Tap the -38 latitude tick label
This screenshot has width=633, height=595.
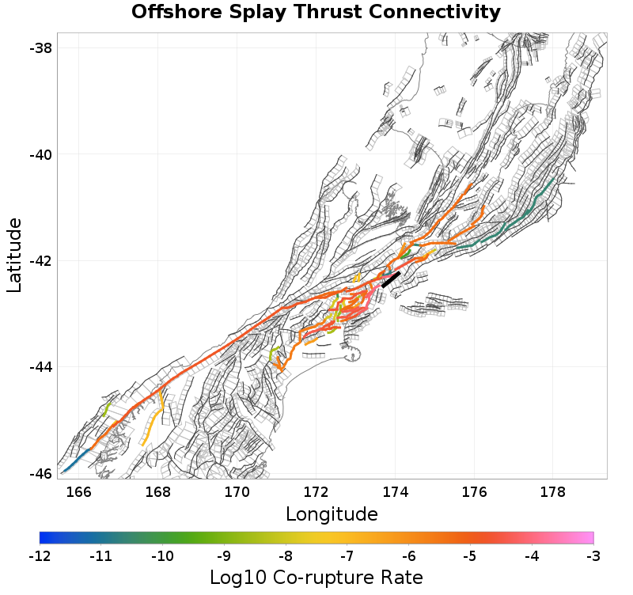[41, 48]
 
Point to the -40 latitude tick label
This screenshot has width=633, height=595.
[41, 154]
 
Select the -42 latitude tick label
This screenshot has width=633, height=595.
[41, 261]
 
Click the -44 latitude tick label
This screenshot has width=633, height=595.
[41, 367]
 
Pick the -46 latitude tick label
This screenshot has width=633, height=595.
[41, 473]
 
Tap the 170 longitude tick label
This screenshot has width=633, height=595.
[237, 492]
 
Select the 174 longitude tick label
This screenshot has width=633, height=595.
[395, 492]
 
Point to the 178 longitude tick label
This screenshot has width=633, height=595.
[552, 492]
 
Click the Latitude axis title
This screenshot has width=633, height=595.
[15, 256]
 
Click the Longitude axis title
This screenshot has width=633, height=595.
[332, 514]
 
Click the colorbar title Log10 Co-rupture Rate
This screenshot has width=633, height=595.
[316, 578]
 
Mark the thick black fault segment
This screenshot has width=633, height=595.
[391, 280]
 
